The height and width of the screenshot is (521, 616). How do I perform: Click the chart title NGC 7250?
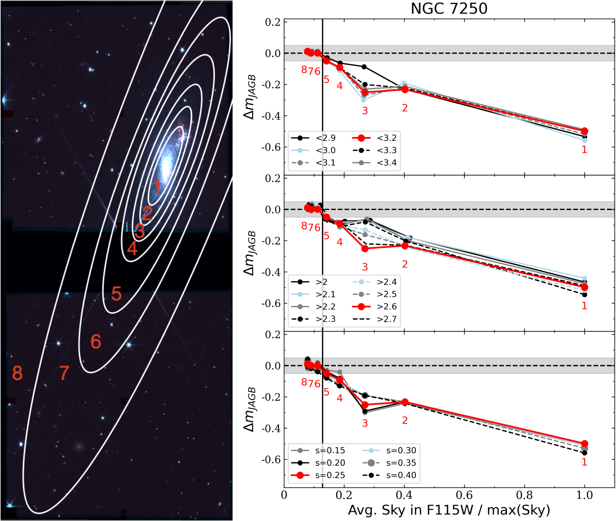(449, 9)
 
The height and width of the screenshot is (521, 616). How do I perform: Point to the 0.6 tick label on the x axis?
(464, 495)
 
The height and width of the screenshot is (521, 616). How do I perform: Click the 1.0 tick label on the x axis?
(584, 495)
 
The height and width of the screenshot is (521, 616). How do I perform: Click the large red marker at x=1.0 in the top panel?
(584, 131)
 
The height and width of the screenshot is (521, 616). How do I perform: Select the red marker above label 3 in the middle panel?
(365, 249)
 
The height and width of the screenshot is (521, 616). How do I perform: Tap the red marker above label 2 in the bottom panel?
(405, 402)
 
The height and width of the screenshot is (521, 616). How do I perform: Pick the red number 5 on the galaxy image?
(116, 293)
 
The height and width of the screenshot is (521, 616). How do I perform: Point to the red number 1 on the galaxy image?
(157, 187)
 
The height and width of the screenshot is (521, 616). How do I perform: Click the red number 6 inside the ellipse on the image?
(96, 341)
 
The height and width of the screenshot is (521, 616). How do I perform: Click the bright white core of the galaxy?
(166, 166)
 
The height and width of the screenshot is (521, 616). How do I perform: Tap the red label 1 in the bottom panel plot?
(584, 462)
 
